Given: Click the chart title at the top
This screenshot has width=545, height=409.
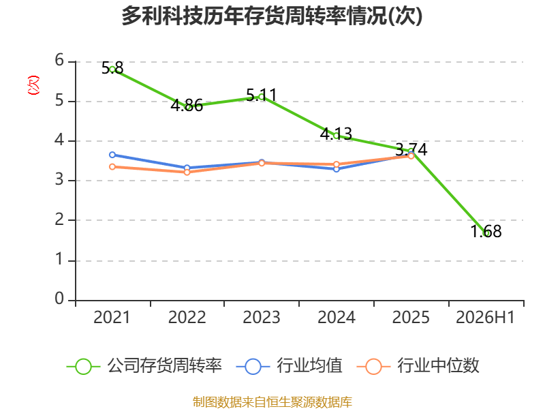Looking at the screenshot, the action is (x=272, y=16).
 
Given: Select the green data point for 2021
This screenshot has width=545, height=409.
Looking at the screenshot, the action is (x=112, y=70).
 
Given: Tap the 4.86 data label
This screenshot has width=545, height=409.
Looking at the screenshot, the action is (x=187, y=105).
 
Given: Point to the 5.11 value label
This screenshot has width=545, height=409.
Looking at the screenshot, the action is (x=262, y=95).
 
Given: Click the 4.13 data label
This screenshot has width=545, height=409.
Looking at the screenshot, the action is (x=336, y=134).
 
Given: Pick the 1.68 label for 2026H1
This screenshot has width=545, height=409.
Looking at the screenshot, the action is (x=486, y=231).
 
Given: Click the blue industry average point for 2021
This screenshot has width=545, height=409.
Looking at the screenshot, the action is (x=112, y=155).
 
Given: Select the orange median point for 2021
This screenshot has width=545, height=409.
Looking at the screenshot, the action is (x=112, y=167).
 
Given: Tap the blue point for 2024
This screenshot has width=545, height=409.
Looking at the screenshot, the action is (x=337, y=169).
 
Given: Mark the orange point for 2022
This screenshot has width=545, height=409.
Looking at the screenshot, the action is (x=187, y=172).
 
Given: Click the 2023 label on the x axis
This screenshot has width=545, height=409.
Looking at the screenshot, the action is (x=262, y=317).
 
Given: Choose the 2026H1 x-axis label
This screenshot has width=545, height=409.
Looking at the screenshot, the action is (x=485, y=317).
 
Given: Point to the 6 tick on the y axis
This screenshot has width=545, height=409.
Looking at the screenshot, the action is (x=59, y=60).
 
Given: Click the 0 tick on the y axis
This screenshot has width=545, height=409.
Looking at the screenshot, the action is (x=59, y=299).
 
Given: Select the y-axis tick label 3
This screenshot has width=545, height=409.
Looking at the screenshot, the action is (x=59, y=179).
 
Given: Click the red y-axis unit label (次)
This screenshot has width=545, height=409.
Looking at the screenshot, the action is (x=33, y=85).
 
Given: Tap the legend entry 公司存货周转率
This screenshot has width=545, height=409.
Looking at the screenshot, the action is (x=144, y=366).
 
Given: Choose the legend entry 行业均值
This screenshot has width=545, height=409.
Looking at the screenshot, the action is (x=289, y=366).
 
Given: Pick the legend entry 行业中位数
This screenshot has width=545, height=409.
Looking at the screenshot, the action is (x=418, y=366).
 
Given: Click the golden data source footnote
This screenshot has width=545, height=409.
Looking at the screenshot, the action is (x=272, y=402).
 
